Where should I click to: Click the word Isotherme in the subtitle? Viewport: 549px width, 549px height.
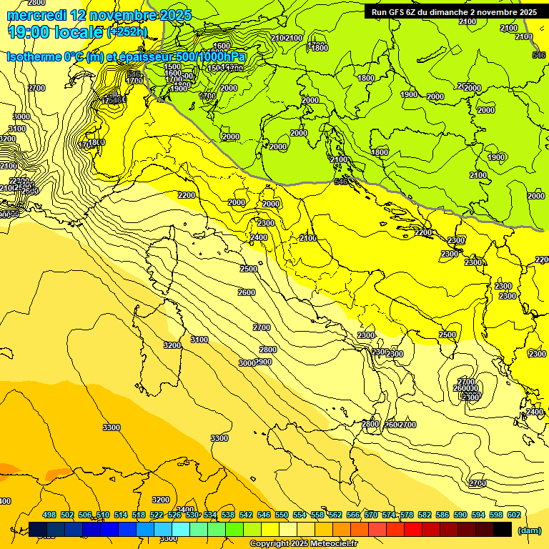click(35, 57)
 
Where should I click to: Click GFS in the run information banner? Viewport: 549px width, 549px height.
click(397, 12)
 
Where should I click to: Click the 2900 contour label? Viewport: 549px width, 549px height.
click(263, 362)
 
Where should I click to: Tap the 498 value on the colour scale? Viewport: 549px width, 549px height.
click(49, 515)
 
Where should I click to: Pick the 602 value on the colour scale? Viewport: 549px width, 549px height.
click(514, 515)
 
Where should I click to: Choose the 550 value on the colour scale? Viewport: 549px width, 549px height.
click(282, 515)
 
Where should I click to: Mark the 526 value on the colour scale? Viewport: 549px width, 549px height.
click(174, 515)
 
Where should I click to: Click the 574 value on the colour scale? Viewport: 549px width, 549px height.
click(389, 515)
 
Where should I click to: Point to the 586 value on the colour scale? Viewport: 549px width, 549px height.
click(442, 515)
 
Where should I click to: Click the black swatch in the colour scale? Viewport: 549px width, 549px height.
click(503, 530)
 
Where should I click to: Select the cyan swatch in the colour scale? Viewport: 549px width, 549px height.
click(181, 530)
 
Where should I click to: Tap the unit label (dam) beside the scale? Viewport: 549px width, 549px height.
click(529, 530)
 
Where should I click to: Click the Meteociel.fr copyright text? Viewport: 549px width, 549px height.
click(303, 544)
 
